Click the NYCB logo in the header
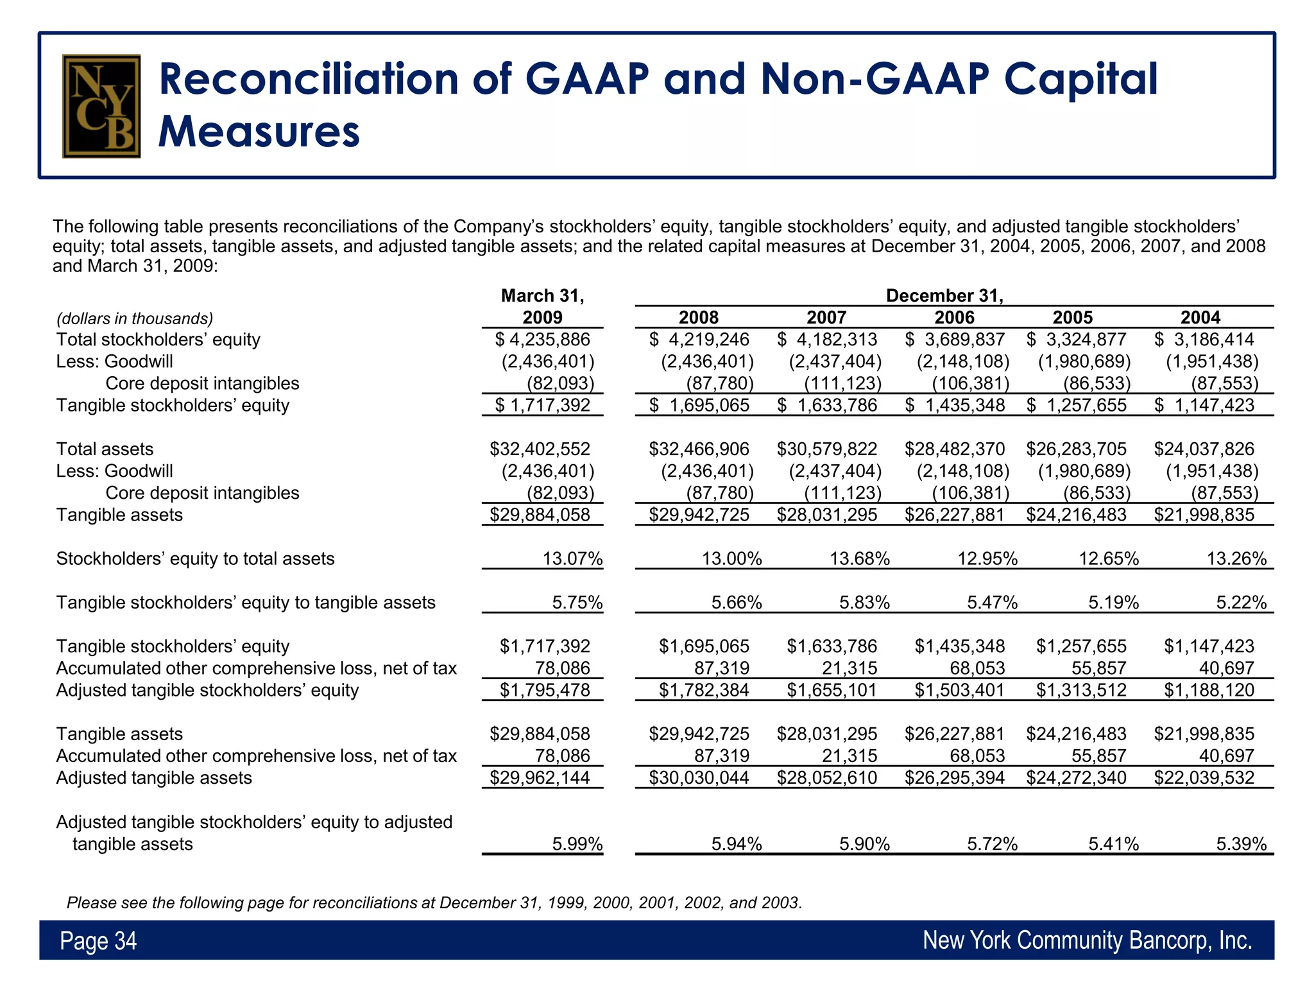[x=101, y=106]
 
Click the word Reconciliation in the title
[x=308, y=79]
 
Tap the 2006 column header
[x=954, y=317]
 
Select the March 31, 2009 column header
[x=542, y=306]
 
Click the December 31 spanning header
[x=944, y=295]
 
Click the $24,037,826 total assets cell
[x=1204, y=449]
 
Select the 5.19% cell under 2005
[x=1113, y=602]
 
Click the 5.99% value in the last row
[x=577, y=843]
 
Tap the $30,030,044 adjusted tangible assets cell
[x=699, y=777]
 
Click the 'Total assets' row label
[x=105, y=449]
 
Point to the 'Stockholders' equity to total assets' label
[x=195, y=558]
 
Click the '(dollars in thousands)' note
[x=135, y=318]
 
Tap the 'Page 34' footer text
[x=98, y=940]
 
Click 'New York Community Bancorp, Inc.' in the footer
[x=1087, y=940]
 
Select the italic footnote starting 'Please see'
[x=434, y=903]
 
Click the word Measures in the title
[x=259, y=132]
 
